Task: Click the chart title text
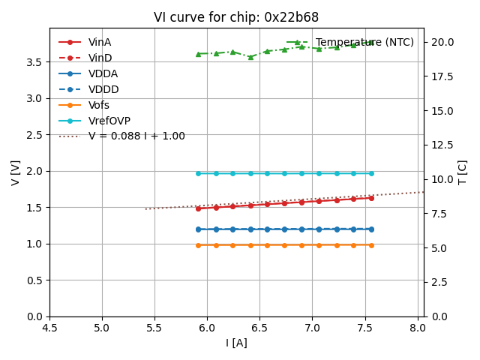tap(236, 17)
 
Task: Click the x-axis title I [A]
tap(236, 343)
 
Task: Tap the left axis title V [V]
tap(16, 172)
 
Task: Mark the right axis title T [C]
tap(462, 172)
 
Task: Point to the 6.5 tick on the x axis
tap(259, 328)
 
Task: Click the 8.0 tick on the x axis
tap(417, 328)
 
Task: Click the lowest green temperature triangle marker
tap(250, 57)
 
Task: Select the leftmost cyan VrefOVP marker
tap(198, 173)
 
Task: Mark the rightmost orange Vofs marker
tap(371, 245)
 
